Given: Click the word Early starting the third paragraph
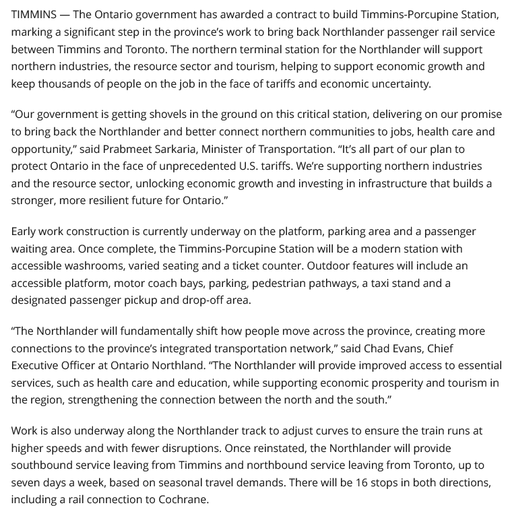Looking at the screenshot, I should pyautogui.click(x=26, y=231).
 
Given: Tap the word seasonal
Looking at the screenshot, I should pyautogui.click(x=172, y=483).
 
